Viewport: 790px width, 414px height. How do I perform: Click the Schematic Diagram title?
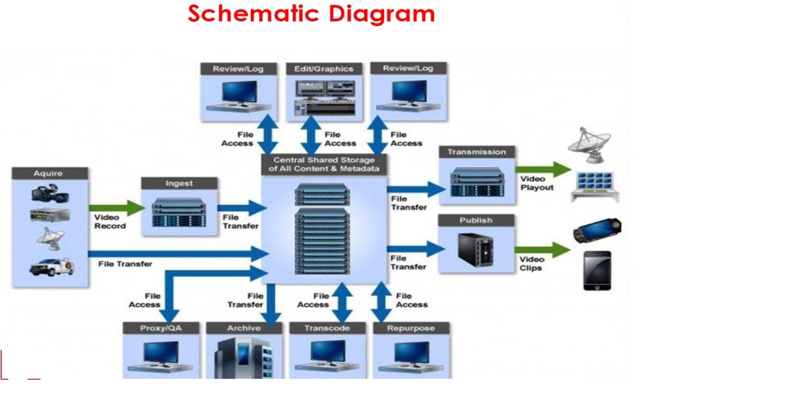[x=311, y=13]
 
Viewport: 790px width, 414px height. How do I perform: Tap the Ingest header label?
[x=179, y=184]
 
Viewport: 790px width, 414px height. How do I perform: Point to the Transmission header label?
[x=477, y=152]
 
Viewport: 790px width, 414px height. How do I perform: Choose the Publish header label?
[x=476, y=221]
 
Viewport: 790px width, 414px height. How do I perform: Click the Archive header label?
[x=244, y=328]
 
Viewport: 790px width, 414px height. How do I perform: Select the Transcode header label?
[x=327, y=328]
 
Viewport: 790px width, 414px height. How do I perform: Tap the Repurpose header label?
[x=411, y=328]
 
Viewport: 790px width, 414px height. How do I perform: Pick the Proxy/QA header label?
[x=160, y=328]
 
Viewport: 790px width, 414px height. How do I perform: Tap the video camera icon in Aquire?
[x=49, y=193]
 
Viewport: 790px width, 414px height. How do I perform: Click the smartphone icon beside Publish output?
[x=597, y=270]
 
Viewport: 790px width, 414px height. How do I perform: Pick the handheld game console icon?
[x=597, y=231]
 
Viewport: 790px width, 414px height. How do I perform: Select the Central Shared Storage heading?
[x=324, y=164]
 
